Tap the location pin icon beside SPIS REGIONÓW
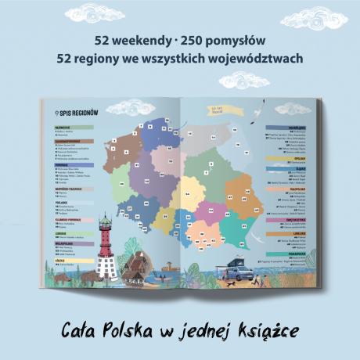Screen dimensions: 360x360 56,113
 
